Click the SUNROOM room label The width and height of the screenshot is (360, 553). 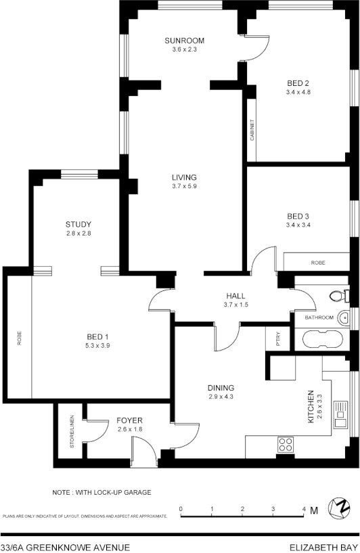[184, 41]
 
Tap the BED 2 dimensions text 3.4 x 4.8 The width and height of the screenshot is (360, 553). [298, 92]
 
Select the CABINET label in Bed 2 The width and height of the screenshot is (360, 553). [252, 130]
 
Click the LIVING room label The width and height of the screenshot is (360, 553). [184, 177]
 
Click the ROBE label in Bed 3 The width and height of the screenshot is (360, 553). [318, 262]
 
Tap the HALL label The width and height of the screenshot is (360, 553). [235, 296]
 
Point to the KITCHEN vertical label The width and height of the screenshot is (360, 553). [311, 406]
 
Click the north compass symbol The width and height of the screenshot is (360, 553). [338, 508]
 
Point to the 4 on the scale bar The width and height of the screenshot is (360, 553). [304, 508]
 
